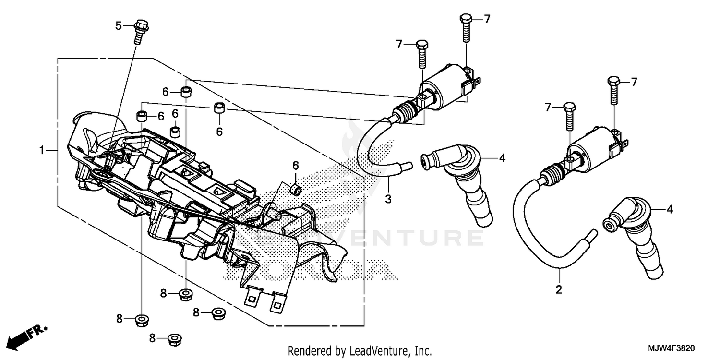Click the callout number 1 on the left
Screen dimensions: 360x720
[x=42, y=151]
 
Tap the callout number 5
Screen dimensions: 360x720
[x=119, y=26]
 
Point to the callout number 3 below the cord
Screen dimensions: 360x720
[x=388, y=199]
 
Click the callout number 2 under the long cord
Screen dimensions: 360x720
[x=559, y=289]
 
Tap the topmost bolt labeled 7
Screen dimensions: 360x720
[x=465, y=28]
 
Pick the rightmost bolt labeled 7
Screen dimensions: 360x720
[x=614, y=90]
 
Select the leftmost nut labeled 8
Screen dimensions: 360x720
[x=141, y=320]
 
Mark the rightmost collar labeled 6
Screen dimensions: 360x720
[x=297, y=191]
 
